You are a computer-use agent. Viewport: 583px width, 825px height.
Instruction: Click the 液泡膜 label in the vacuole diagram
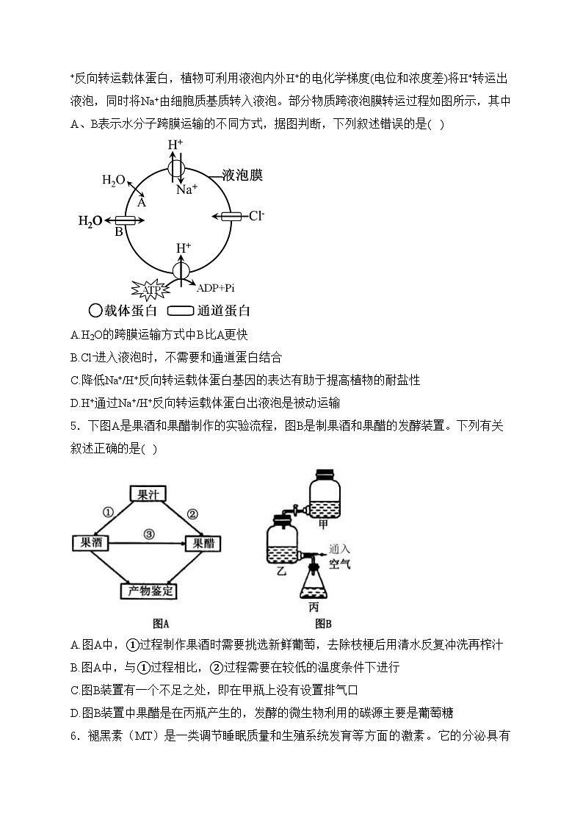[242, 175]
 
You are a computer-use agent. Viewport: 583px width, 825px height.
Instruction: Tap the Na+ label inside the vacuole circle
[187, 190]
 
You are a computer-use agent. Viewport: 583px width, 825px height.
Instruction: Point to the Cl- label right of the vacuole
[256, 215]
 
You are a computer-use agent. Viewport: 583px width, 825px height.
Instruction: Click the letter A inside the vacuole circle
[142, 202]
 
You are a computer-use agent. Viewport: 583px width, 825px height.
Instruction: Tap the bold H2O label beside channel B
[90, 220]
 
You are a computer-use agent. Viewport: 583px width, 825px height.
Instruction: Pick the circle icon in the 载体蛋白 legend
[95, 311]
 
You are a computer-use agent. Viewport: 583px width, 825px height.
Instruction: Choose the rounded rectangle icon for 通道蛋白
[181, 311]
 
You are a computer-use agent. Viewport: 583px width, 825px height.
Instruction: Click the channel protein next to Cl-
[231, 216]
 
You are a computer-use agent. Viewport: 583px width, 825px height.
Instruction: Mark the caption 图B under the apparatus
[323, 624]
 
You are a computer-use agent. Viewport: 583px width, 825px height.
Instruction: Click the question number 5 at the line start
[74, 425]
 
